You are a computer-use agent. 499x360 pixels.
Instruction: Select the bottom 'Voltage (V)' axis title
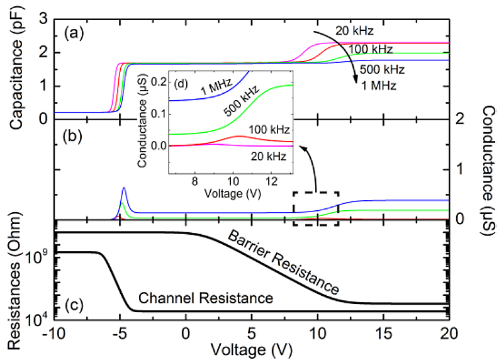pyautogui.click(x=250, y=347)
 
